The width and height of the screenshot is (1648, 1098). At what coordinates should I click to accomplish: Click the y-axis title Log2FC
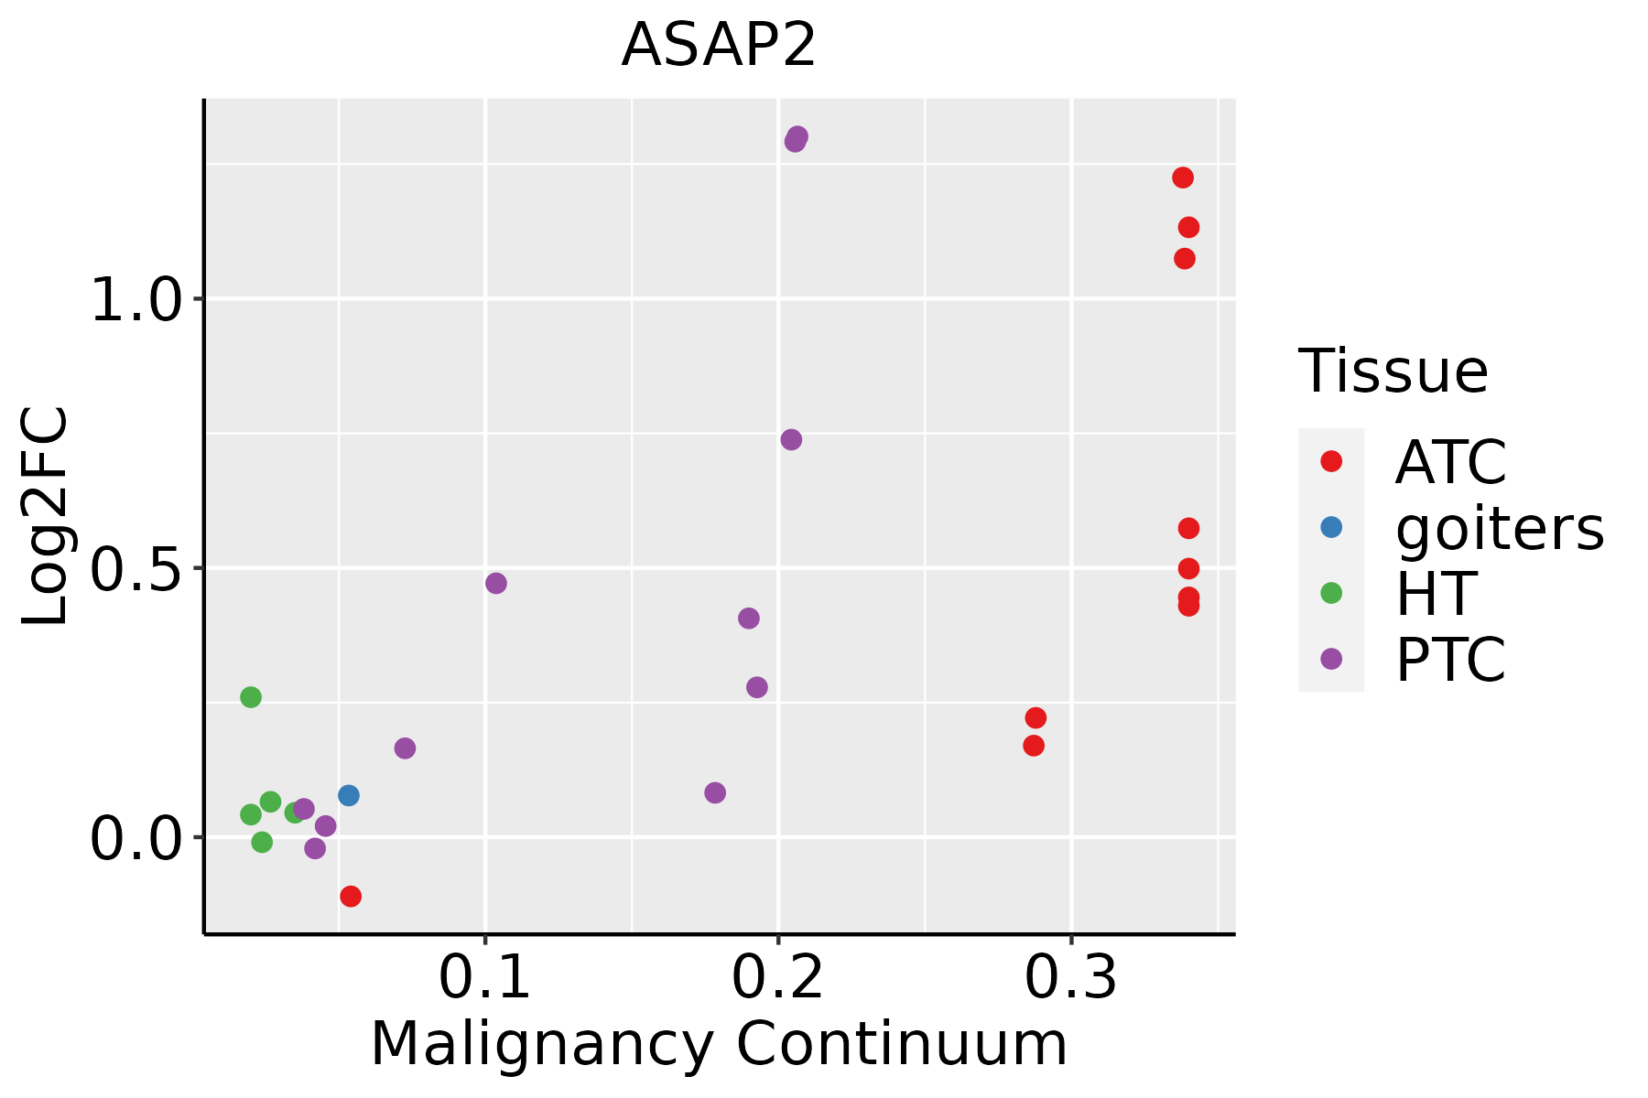tap(46, 517)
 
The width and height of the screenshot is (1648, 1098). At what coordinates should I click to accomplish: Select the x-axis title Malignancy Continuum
tap(719, 1045)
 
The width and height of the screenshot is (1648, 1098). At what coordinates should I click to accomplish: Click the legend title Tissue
tap(1393, 371)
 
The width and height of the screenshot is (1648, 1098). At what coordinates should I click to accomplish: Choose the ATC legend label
tap(1450, 462)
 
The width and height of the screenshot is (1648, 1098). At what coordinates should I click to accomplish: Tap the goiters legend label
tap(1500, 528)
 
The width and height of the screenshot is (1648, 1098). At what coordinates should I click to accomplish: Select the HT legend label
tap(1436, 594)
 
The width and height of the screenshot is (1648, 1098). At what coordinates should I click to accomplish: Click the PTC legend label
tap(1450, 660)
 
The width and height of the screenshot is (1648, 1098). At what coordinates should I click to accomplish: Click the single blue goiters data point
tap(349, 795)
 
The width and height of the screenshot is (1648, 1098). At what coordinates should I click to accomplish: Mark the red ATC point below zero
tap(351, 896)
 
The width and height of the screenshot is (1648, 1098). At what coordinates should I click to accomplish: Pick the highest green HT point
tap(251, 697)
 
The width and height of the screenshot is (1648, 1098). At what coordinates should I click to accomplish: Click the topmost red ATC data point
tap(1183, 178)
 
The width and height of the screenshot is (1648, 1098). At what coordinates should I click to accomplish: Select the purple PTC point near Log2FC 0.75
tap(792, 440)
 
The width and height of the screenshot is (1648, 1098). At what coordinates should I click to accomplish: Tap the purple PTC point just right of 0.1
tap(496, 583)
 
